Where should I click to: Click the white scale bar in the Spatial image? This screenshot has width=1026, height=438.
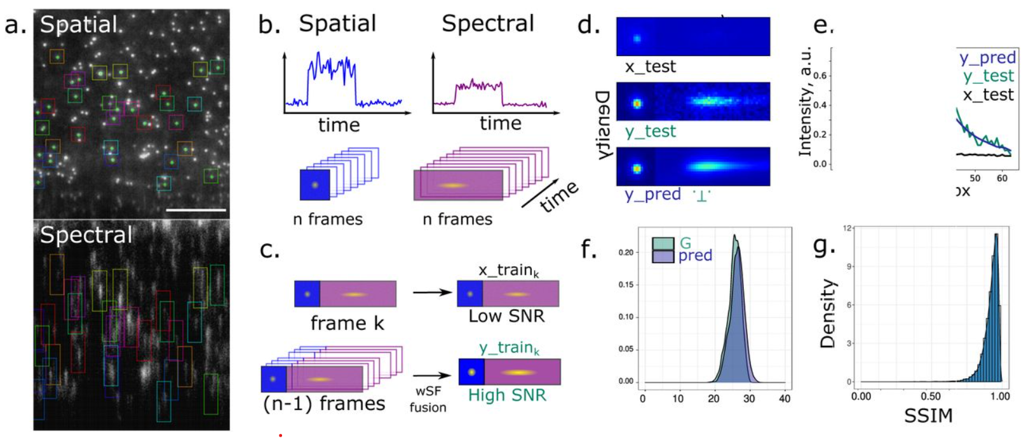[x=196, y=209]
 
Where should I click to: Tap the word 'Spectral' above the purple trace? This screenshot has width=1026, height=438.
[x=488, y=24]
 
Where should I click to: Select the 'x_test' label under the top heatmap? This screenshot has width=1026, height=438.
[x=650, y=67]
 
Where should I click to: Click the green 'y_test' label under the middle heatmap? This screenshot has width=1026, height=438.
[x=650, y=132]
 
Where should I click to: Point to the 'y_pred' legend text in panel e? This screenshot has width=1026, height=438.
[x=987, y=58]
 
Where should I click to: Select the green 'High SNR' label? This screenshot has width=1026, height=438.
[x=507, y=395]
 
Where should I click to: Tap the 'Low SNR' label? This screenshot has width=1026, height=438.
[x=506, y=316]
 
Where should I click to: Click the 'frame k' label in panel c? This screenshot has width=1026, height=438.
[x=347, y=324]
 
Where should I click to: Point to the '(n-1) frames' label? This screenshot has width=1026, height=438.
[x=324, y=404]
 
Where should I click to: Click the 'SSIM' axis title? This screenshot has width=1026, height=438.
[x=928, y=416]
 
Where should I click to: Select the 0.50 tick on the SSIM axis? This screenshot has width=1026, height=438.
[x=931, y=396]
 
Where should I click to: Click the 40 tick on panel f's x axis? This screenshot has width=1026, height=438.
[x=785, y=399]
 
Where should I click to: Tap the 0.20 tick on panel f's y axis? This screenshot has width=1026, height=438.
[x=626, y=252]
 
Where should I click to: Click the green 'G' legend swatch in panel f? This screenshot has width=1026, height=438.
[x=663, y=243]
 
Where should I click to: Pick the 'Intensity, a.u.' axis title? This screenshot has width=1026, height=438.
[x=806, y=101]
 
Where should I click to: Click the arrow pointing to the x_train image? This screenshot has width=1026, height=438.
[x=432, y=292]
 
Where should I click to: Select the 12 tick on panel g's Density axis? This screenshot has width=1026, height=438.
[x=847, y=228]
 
